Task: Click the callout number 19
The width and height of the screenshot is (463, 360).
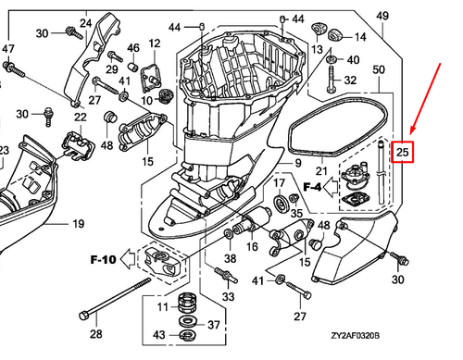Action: [x=77, y=223]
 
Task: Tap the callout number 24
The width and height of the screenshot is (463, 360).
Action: [x=84, y=22]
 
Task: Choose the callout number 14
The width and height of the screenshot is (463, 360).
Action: [x=361, y=37]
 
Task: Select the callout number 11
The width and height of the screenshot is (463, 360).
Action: [x=159, y=307]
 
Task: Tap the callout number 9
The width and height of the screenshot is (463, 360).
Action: [x=298, y=163]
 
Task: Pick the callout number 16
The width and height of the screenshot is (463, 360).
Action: [x=250, y=247]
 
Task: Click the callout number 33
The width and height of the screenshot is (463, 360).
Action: [x=228, y=297]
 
